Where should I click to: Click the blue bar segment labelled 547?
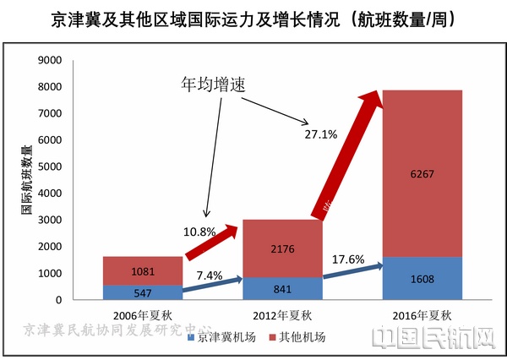point(142,292)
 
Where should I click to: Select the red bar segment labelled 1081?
point(142,270)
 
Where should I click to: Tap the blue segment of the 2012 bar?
point(282,288)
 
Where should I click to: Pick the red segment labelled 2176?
point(282,248)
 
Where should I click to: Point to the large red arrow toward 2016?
point(346,152)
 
